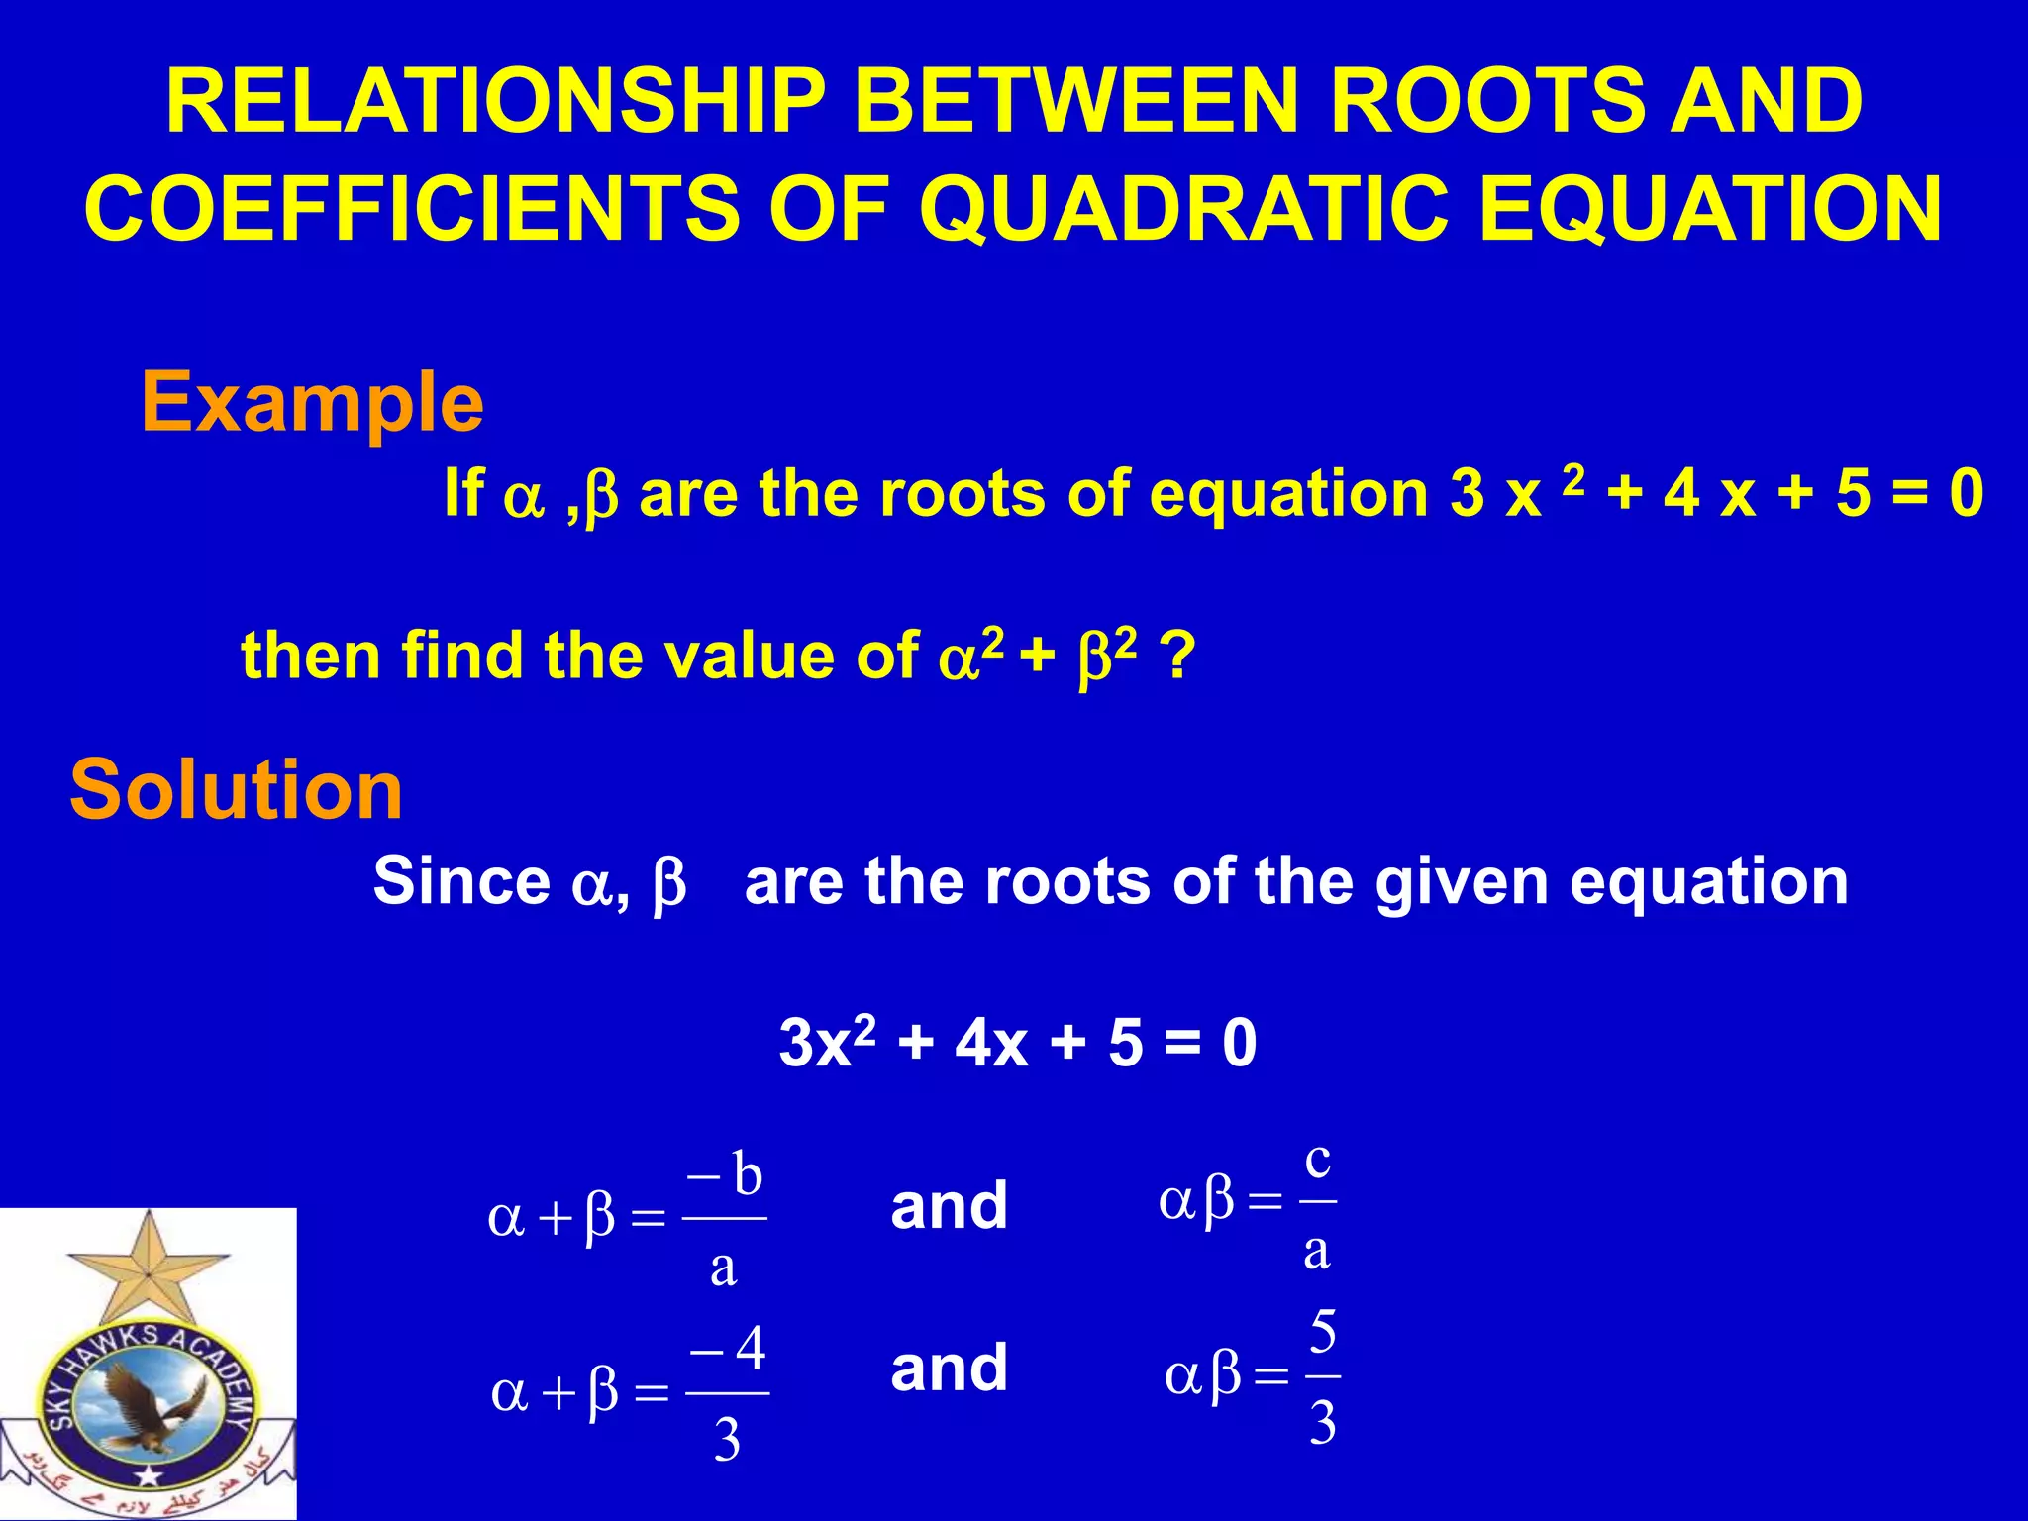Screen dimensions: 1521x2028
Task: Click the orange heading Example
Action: click(312, 403)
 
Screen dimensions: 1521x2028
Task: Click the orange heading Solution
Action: click(236, 790)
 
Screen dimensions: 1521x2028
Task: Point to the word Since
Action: click(460, 880)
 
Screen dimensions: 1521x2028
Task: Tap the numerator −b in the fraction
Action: click(725, 1175)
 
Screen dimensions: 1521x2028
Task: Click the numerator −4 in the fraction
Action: click(729, 1349)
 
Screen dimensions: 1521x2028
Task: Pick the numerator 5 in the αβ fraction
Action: click(1323, 1333)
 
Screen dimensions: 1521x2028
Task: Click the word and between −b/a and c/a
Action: click(949, 1206)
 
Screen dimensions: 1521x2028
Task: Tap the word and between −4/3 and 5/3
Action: click(949, 1369)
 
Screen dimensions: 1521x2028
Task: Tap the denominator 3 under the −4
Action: click(727, 1441)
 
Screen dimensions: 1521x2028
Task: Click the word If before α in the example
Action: click(463, 492)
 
